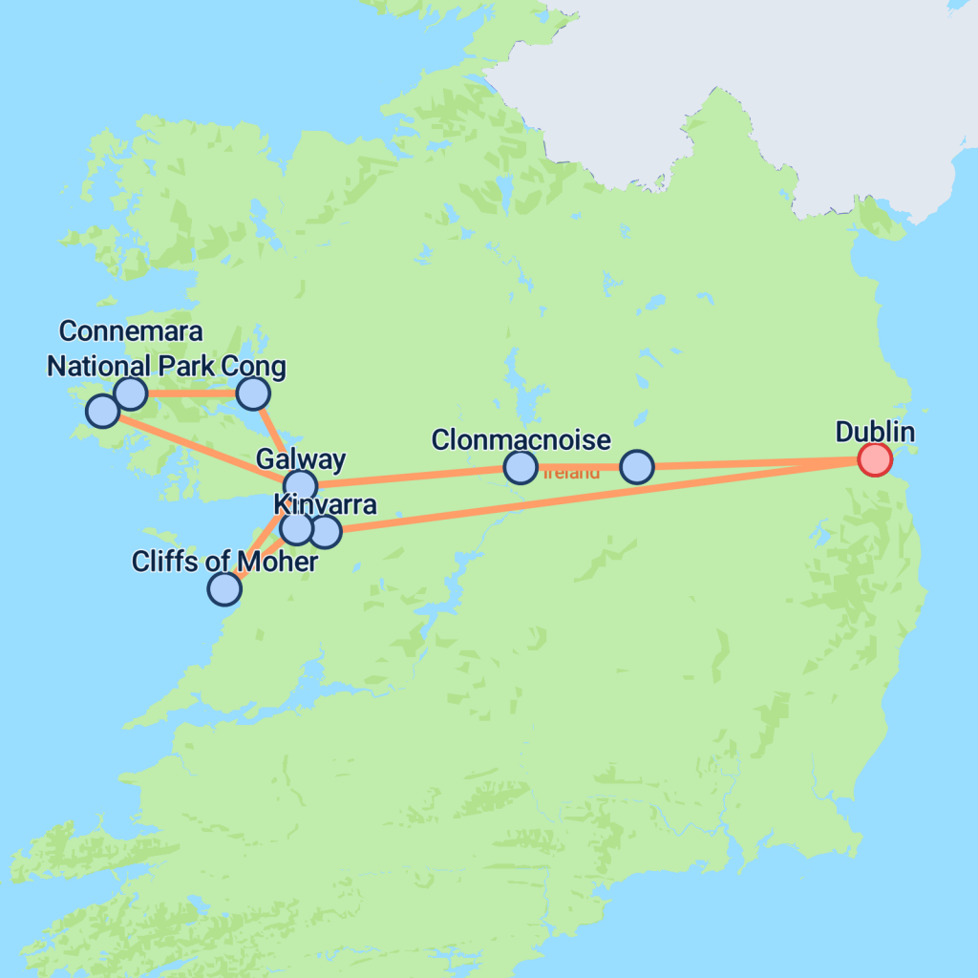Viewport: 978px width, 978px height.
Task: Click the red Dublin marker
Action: click(874, 459)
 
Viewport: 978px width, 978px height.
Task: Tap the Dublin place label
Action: click(875, 432)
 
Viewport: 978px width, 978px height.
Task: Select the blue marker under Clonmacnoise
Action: click(520, 467)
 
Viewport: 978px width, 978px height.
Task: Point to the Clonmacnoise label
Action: click(521, 440)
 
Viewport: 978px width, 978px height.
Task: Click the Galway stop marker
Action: click(300, 485)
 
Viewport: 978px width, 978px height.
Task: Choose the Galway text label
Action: click(301, 459)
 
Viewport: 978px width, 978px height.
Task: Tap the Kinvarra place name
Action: click(325, 504)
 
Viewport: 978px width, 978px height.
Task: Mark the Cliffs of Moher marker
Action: click(223, 588)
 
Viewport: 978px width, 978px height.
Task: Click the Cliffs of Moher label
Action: click(224, 562)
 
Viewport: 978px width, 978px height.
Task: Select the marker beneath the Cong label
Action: click(253, 393)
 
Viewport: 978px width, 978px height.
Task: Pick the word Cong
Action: click(261, 367)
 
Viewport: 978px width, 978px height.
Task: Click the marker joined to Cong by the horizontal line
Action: click(130, 393)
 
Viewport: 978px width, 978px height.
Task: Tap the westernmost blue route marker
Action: click(102, 412)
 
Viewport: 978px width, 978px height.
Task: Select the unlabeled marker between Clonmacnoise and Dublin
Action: click(636, 467)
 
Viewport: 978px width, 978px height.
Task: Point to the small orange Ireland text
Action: click(572, 473)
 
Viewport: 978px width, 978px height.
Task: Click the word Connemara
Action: click(131, 331)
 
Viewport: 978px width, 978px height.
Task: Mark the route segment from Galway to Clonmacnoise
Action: click(411, 477)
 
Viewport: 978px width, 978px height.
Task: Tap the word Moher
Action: click(278, 562)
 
